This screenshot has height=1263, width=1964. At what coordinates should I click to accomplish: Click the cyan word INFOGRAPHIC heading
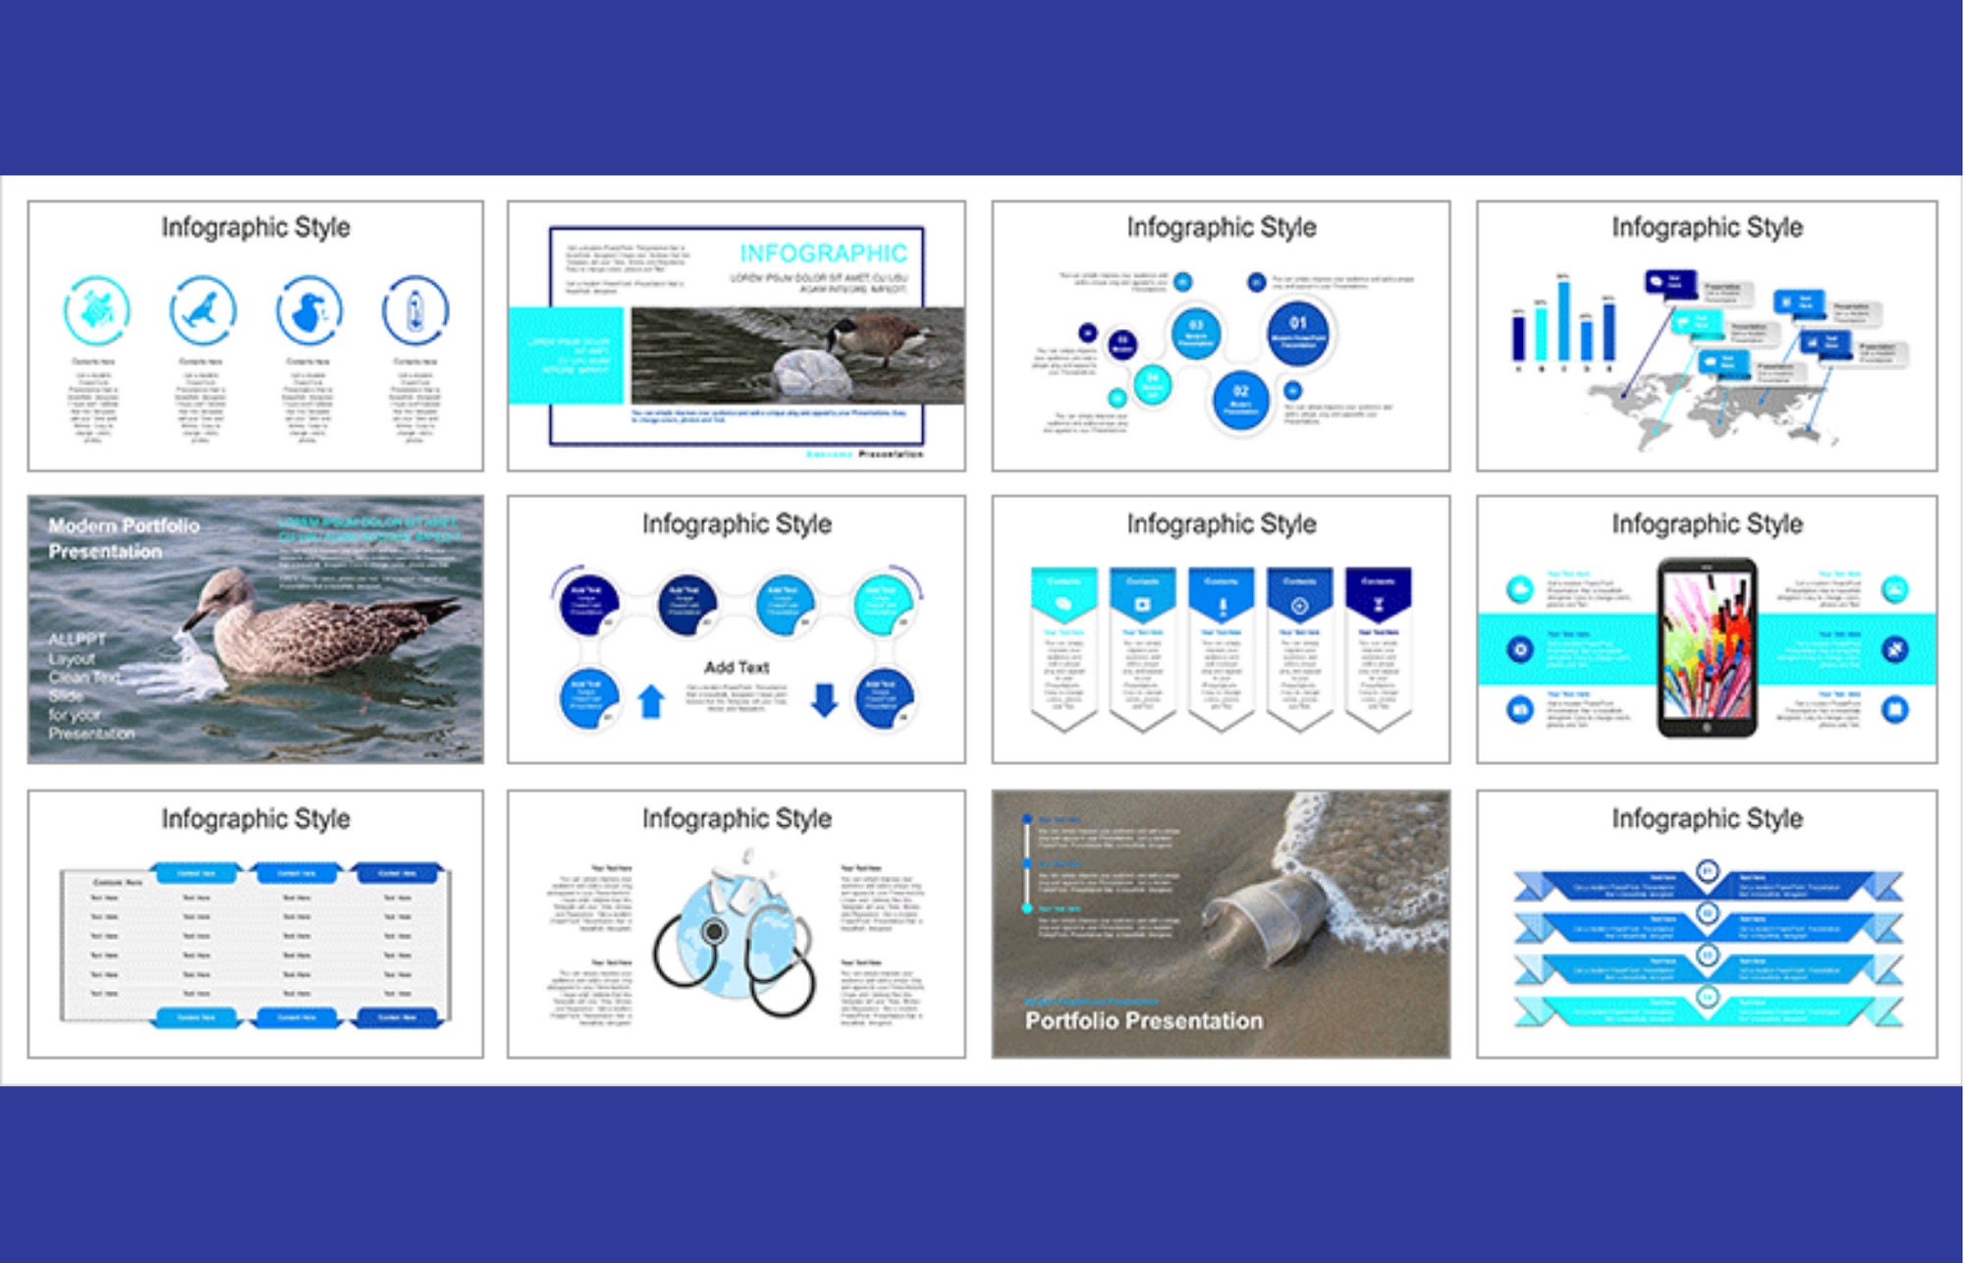823,253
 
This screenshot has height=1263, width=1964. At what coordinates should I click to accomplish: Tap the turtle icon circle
96,310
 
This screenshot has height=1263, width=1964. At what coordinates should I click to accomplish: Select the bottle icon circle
415,310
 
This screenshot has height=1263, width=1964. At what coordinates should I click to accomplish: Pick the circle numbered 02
1240,399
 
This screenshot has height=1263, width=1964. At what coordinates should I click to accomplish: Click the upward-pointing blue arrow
651,701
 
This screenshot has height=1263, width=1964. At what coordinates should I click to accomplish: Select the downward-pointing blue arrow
824,699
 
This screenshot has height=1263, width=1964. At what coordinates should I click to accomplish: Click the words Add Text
736,668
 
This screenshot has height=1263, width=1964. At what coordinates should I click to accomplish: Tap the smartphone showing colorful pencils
1707,648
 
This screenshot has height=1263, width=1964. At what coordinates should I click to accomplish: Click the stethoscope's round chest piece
715,931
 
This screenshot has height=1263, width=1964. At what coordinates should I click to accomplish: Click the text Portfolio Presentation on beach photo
1144,1021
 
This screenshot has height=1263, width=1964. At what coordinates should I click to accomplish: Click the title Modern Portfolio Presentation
124,538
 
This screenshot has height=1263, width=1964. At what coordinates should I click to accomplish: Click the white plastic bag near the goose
813,374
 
